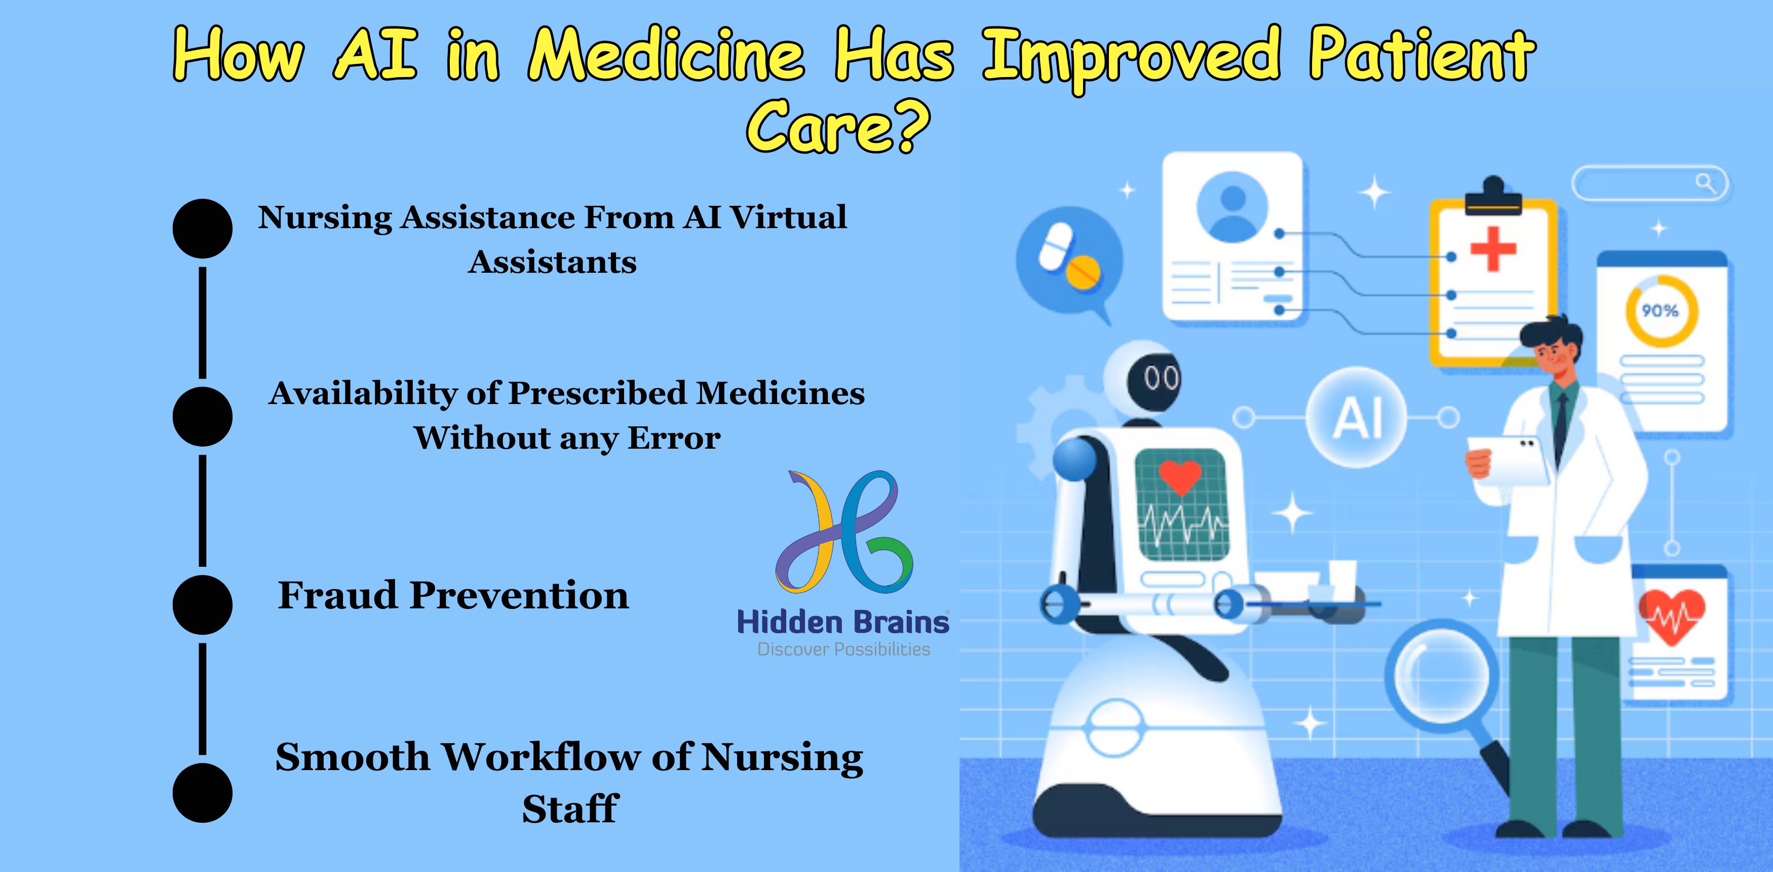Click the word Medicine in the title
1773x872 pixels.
click(666, 55)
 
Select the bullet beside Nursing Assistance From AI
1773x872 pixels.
click(202, 229)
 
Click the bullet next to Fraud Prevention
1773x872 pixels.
click(202, 604)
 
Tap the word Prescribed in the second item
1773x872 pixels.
click(597, 393)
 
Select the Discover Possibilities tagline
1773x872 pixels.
click(843, 649)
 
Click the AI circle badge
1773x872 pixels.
click(1357, 417)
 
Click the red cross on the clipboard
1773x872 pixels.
click(1493, 248)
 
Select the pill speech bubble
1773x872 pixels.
click(1069, 261)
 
